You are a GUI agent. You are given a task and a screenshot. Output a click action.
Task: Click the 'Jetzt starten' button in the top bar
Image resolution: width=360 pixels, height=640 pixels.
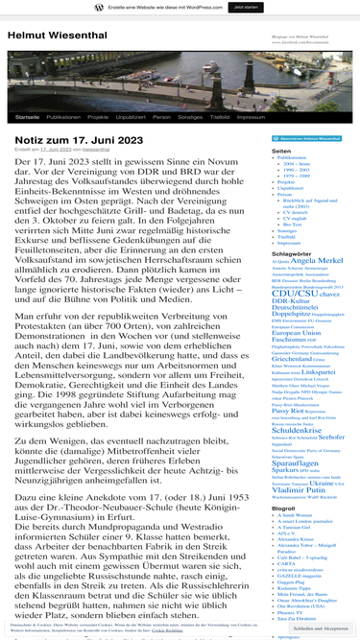(244, 7)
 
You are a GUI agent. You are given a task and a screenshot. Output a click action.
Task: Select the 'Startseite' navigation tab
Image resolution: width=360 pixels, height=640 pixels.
(28, 116)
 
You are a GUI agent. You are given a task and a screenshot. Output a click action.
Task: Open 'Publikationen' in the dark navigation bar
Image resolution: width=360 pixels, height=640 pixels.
(63, 116)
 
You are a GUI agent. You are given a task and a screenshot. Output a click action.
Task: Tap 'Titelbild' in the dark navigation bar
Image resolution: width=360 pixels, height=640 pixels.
(220, 116)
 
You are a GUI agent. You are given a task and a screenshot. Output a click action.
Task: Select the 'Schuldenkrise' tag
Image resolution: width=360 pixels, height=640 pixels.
(298, 432)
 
